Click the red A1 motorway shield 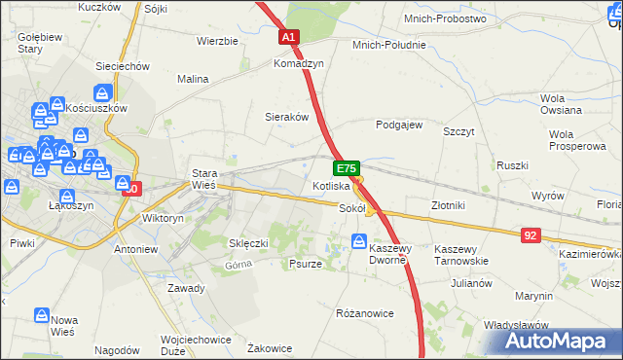point(289,37)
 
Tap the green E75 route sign point(350,168)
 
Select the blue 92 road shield point(531,234)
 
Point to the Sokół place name point(350,208)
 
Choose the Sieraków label point(287,116)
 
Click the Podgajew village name point(399,125)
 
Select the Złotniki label point(449,205)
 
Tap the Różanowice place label point(364,313)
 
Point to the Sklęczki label point(248,242)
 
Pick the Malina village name point(193,79)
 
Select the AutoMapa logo point(559,342)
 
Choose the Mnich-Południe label point(389,45)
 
